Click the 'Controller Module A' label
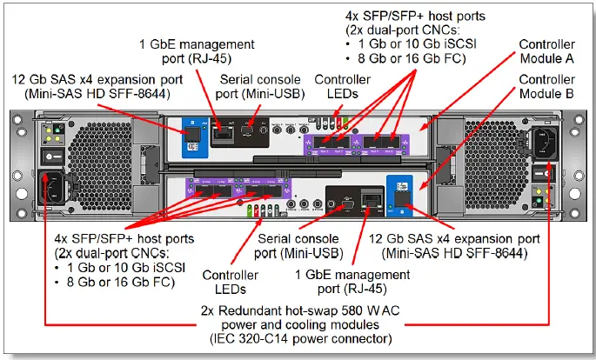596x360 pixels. (546, 51)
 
